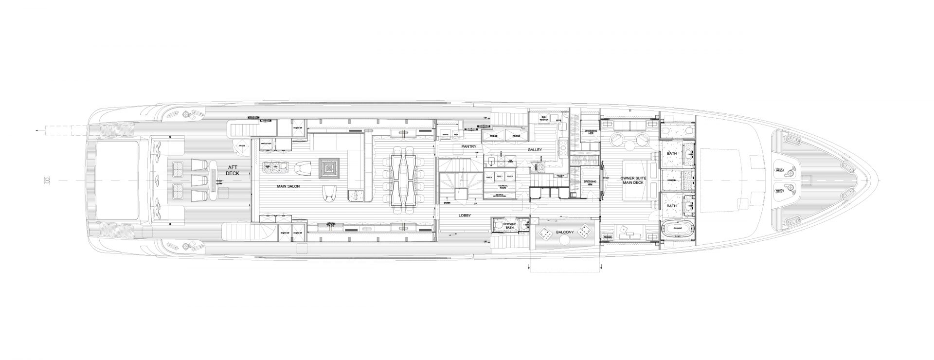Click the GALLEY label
coord(535,150)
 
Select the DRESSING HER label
coord(591,132)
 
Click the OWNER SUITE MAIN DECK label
coord(633,181)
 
